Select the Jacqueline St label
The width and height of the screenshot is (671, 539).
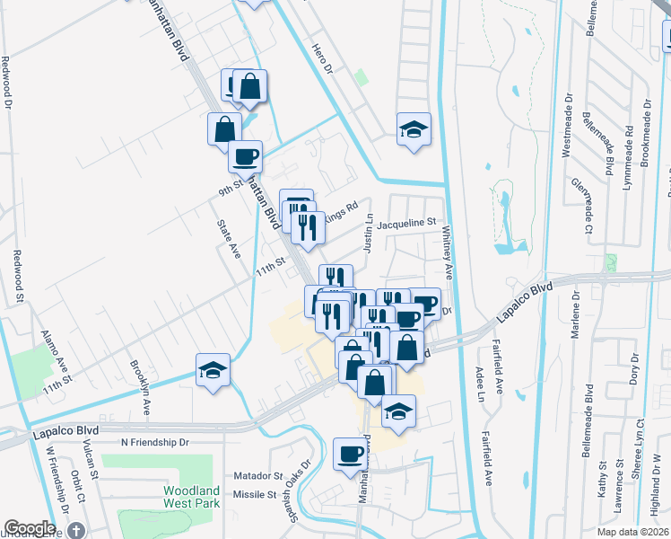pos(406,222)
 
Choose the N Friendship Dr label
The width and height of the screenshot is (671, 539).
pos(155,443)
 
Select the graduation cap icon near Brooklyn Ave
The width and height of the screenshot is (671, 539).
pos(213,370)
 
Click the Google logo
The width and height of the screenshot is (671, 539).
pos(30,528)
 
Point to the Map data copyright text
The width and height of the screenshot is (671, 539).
pos(633,532)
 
